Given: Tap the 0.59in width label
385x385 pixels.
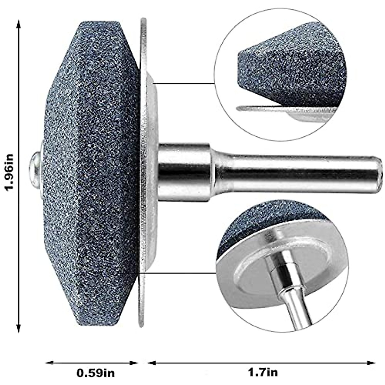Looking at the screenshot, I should coord(96,373).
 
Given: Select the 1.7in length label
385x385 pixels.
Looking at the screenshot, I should coord(263,373).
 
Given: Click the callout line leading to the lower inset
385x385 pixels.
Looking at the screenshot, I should coord(180,273).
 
